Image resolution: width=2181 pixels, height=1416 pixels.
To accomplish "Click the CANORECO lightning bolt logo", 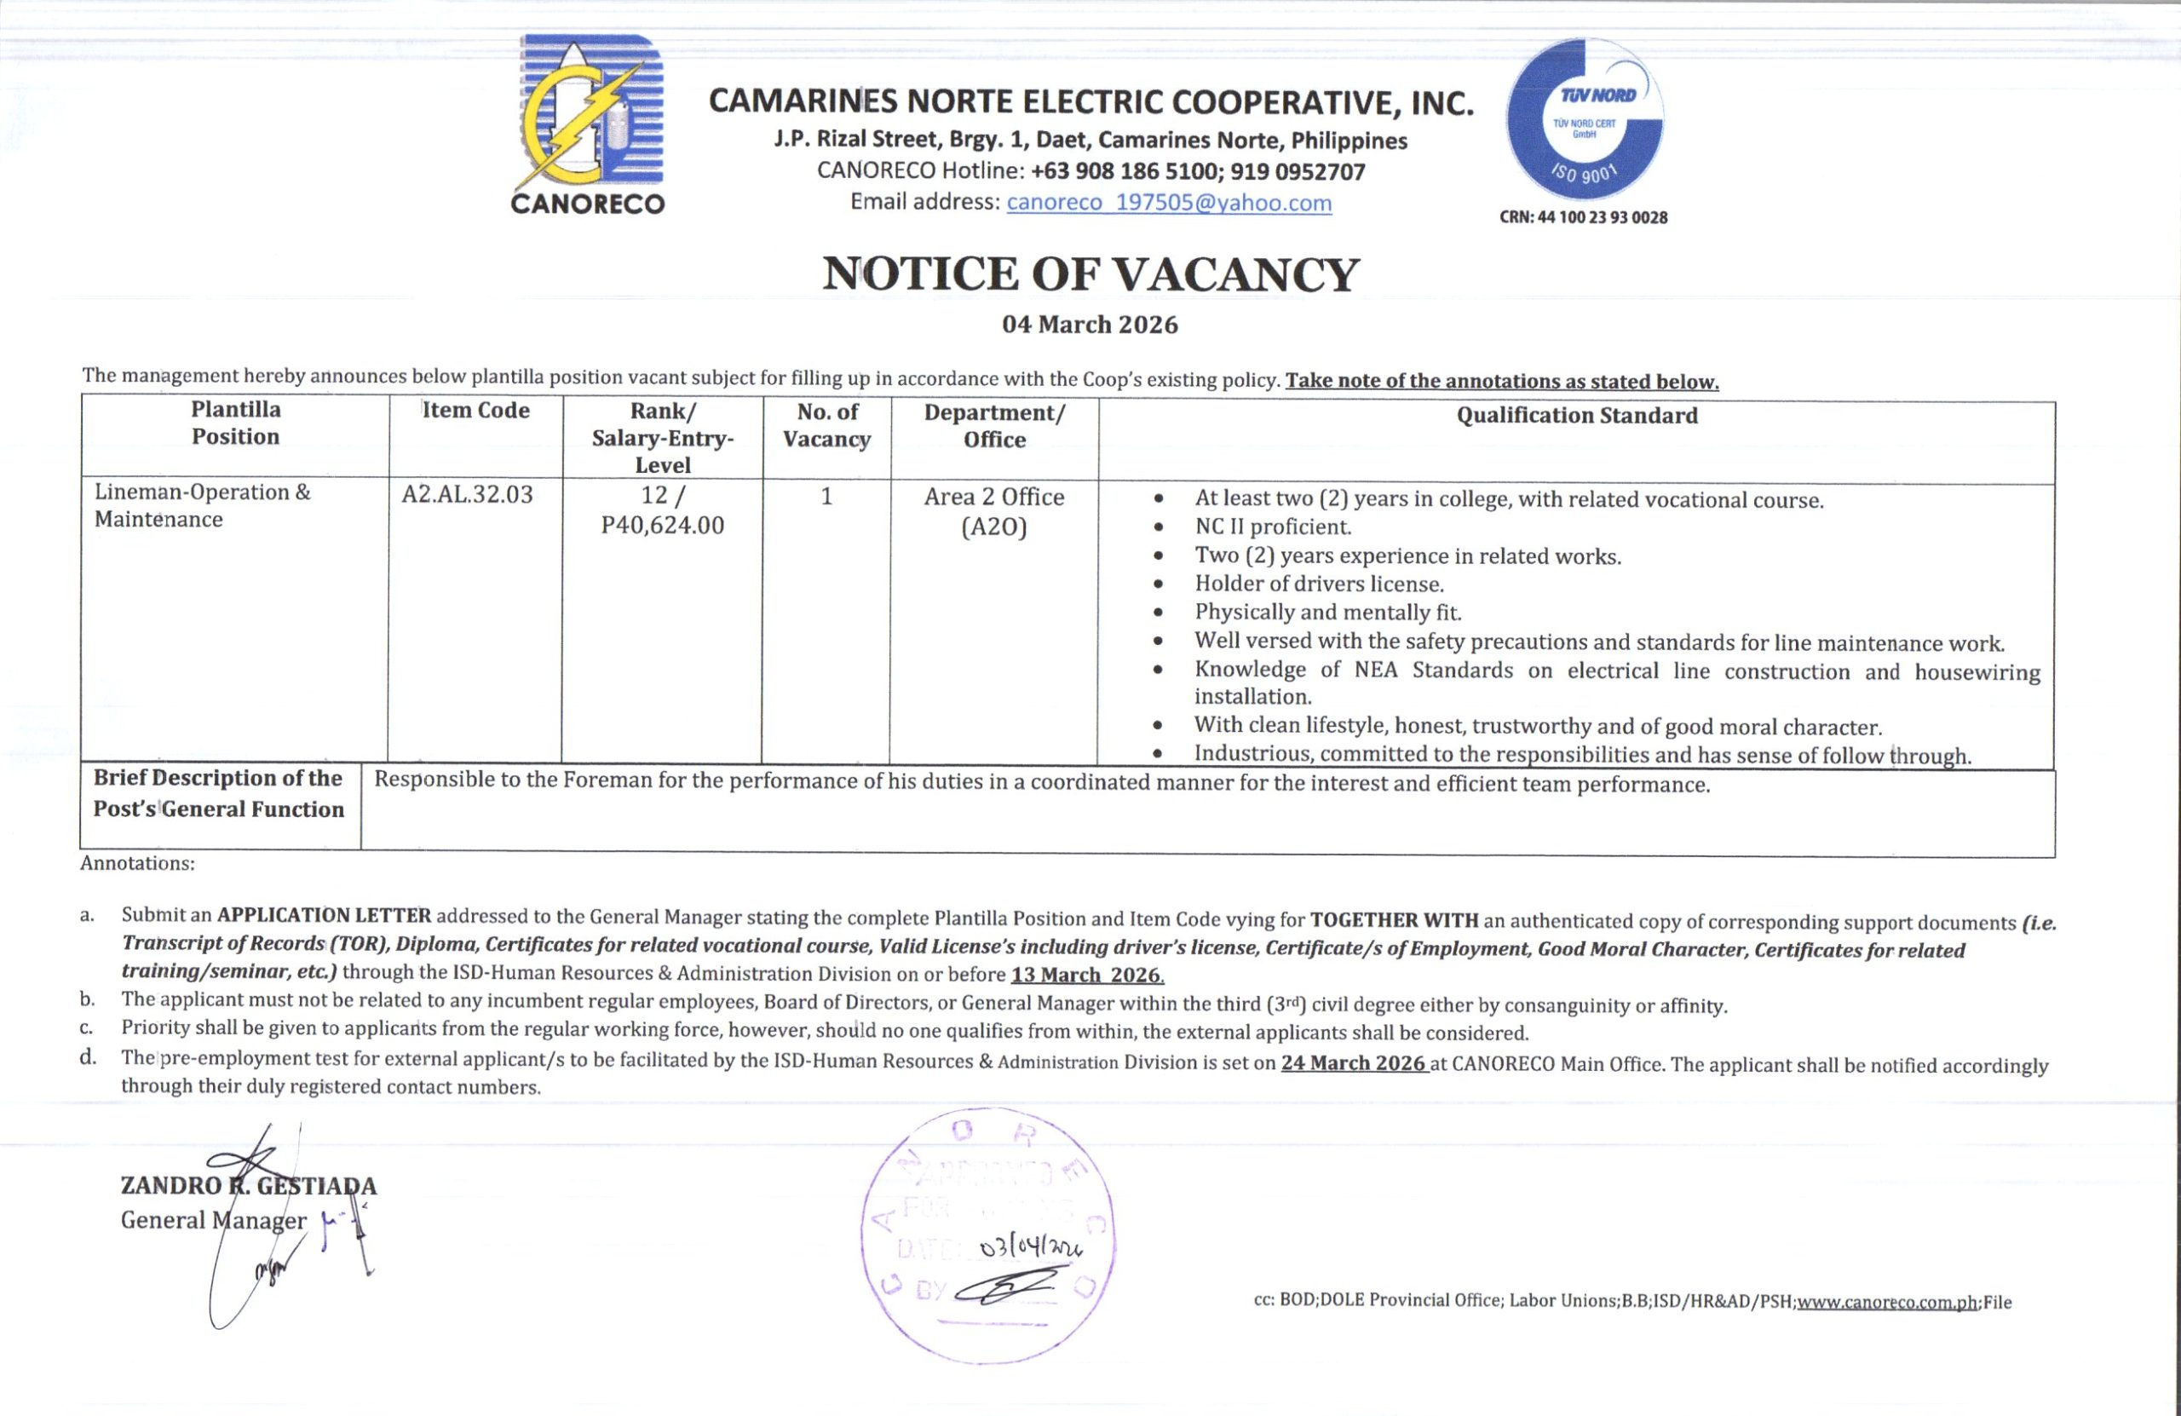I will [x=587, y=113].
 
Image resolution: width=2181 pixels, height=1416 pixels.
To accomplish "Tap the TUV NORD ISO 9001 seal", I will [x=1585, y=120].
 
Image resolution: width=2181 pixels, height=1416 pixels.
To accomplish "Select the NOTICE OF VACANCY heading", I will [x=1090, y=274].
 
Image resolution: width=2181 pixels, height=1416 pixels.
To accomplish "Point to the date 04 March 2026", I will [x=1090, y=325].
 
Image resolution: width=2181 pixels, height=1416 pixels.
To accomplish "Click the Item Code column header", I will [x=475, y=411].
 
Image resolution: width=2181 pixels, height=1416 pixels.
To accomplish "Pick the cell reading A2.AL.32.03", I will [x=468, y=495].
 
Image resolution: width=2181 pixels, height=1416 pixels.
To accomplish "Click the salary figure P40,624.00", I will [x=663, y=525].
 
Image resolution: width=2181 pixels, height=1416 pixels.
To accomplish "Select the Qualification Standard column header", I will [x=1576, y=415].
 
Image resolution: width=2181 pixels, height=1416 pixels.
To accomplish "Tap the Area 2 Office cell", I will [x=994, y=498].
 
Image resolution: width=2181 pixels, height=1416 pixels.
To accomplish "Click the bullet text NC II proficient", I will [x=1273, y=527].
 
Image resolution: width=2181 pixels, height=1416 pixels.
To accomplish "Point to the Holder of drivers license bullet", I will [x=1319, y=584].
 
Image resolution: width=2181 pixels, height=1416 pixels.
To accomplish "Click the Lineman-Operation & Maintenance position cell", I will [x=203, y=506].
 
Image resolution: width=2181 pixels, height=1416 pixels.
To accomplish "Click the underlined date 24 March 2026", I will [x=1354, y=1063].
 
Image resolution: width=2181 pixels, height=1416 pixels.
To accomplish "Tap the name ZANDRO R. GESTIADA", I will [x=248, y=1186].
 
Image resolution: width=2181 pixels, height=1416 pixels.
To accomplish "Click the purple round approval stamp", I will [x=989, y=1235].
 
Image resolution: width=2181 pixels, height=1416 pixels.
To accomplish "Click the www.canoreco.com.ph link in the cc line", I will [x=1887, y=1303].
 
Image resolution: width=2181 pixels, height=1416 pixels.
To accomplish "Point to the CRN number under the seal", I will [x=1583, y=218].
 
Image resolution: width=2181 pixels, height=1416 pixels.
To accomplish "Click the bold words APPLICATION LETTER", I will [x=324, y=916].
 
